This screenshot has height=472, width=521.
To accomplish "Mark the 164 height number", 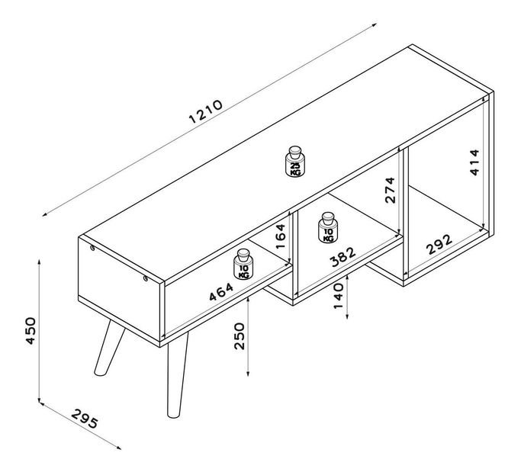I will [x=281, y=236].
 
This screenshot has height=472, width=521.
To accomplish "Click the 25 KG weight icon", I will [x=294, y=162].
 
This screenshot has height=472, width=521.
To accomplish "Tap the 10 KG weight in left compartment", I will [x=243, y=264].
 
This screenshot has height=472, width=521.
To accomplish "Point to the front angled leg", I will [x=175, y=377].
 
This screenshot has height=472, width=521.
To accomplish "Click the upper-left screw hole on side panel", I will [x=92, y=248].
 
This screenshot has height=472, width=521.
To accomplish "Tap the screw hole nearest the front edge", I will [x=145, y=278].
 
